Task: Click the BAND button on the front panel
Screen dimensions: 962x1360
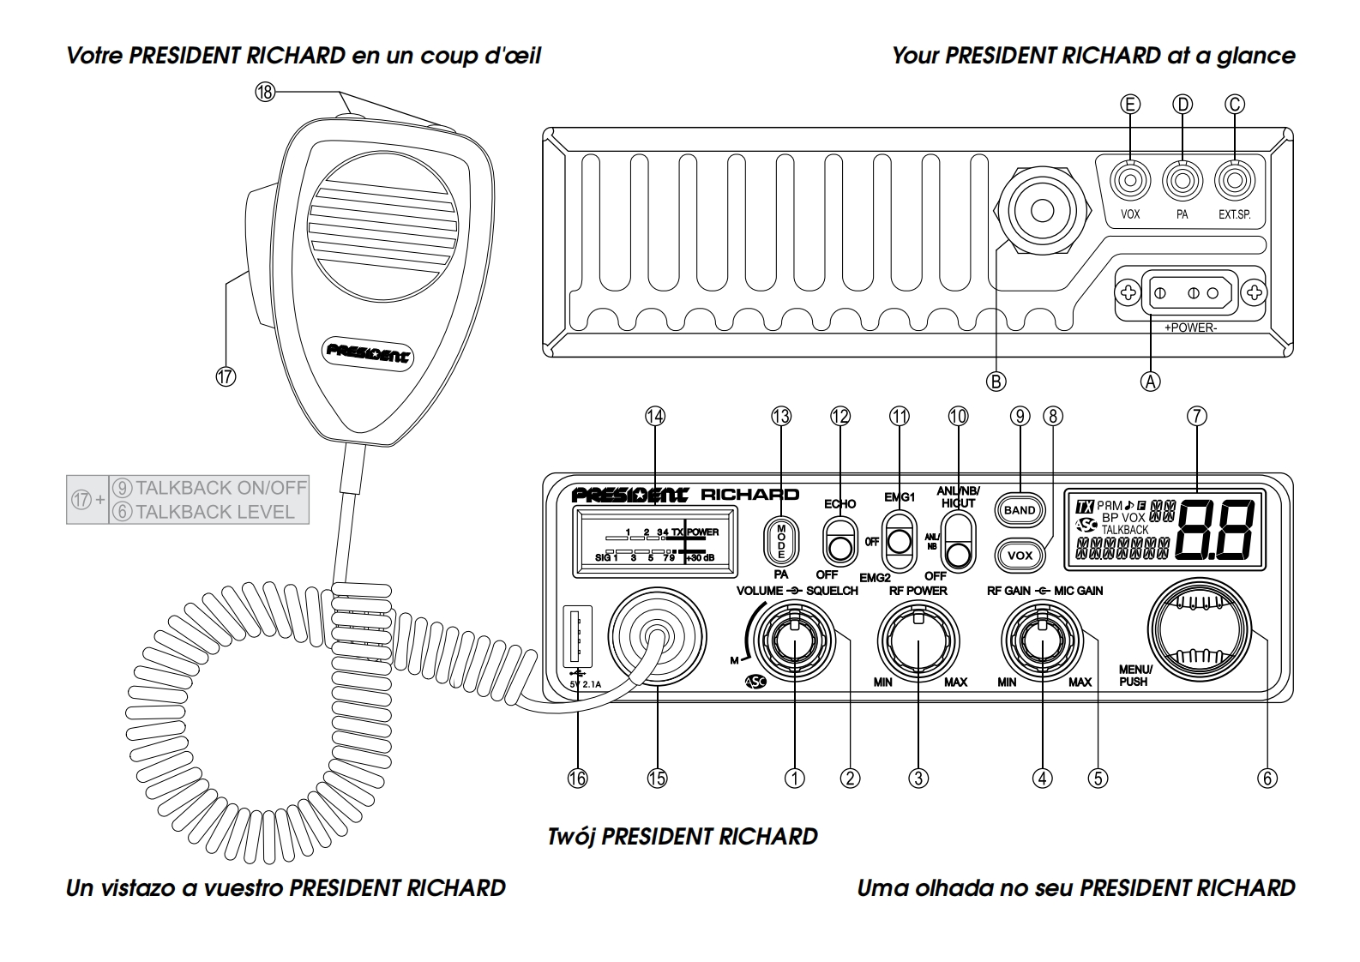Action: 1020,510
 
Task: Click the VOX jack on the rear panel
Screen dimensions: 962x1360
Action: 1130,182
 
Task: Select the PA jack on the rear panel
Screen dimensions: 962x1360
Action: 1182,182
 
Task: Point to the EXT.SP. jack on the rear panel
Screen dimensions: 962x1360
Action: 1235,182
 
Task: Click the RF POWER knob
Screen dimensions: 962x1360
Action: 918,640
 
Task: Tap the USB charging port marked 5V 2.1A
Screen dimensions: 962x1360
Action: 577,636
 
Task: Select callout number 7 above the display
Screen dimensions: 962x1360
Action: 1196,417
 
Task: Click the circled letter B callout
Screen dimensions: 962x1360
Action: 996,382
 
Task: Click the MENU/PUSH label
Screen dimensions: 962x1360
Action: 1135,676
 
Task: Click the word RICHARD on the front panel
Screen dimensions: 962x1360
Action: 749,495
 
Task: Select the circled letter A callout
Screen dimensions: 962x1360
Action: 1151,382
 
